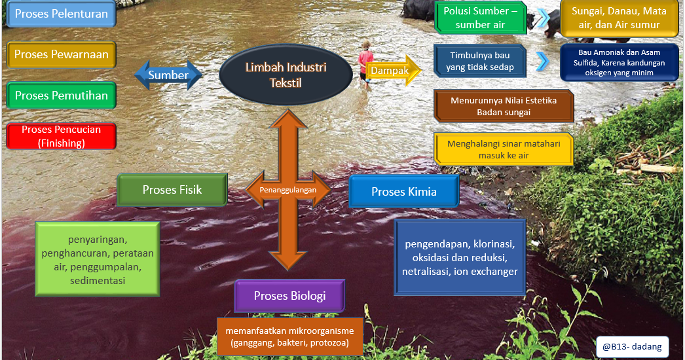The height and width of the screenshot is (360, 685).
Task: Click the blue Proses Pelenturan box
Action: pos(61,14)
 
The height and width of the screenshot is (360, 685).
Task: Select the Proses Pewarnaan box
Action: pos(61,55)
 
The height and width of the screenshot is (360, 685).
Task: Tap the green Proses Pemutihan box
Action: pos(61,96)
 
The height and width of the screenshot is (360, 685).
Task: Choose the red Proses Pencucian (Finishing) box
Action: pos(61,135)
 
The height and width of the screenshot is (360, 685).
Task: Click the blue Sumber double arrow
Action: pos(168,75)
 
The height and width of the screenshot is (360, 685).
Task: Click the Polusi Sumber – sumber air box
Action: pos(480,18)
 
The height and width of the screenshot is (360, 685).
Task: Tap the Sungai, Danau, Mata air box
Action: pos(619,18)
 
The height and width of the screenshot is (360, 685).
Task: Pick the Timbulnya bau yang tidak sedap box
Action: pos(480,62)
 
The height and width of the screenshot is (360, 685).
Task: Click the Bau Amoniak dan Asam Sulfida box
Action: pos(619,62)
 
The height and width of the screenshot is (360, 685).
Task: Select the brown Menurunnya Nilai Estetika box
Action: pos(503,106)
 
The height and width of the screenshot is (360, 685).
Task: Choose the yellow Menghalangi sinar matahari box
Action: pos(503,149)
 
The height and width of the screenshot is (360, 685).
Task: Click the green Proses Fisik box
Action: pos(172,190)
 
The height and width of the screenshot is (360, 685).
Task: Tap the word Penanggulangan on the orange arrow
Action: pos(287,190)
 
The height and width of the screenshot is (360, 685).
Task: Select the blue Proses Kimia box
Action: pos(403,192)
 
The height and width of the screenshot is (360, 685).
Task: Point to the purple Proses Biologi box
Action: pos(289,296)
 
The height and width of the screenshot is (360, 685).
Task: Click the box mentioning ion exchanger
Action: pos(460,257)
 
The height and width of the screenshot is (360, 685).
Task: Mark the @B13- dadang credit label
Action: pos(632,347)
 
